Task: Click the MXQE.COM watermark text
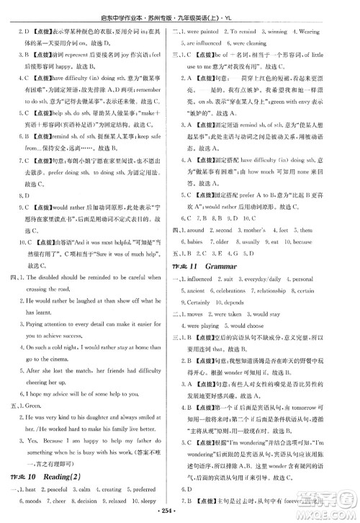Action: (x=328, y=509)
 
